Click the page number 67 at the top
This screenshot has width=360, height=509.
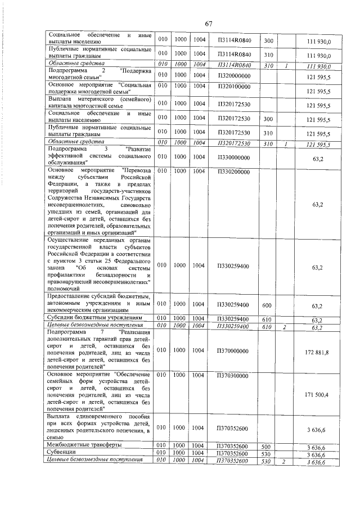coord(209,24)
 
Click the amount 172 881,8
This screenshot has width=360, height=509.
coord(316,352)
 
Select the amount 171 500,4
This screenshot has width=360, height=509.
coord(316,395)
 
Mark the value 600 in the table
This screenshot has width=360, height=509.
coord(268,306)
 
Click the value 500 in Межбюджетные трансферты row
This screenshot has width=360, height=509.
coord(268,445)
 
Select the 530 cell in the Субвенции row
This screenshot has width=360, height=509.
coord(268,453)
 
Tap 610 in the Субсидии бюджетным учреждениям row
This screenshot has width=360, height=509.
coord(268,318)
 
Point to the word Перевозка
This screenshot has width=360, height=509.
coord(137,170)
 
